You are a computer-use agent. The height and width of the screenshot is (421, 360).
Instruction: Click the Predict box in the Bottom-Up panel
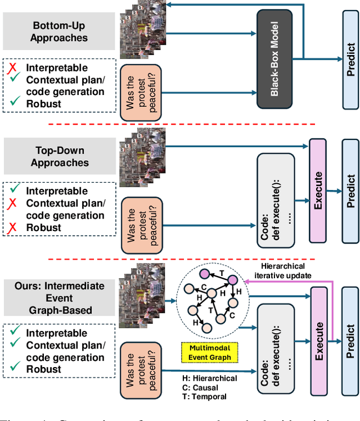349,60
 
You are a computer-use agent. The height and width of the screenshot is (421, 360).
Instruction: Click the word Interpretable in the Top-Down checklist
57,191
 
